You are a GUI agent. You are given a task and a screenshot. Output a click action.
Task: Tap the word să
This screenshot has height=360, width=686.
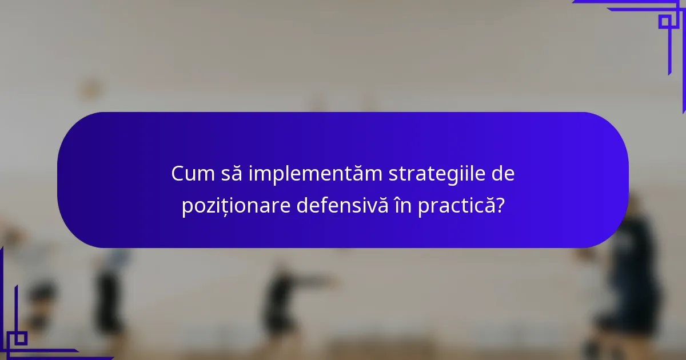pos(233,174)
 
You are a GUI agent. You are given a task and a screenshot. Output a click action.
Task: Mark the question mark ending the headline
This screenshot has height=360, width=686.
pos(500,206)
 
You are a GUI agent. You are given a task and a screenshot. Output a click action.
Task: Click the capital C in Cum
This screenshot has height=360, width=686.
pos(178,174)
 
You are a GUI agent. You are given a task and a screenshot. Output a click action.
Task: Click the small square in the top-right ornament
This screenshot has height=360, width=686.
pos(664,22)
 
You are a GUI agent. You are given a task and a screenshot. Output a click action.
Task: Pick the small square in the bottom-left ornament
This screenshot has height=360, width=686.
pos(21,338)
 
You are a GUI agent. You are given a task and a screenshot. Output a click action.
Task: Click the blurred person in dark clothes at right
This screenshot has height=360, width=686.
pos(632,274)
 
